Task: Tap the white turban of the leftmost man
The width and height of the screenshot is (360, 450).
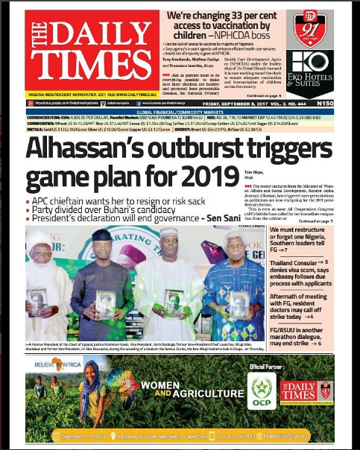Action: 40,238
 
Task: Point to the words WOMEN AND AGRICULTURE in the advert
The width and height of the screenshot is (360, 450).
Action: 180,389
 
